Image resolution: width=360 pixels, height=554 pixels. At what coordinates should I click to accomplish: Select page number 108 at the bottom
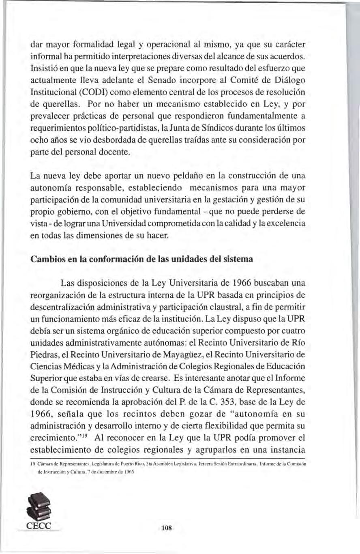coord(167,528)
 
